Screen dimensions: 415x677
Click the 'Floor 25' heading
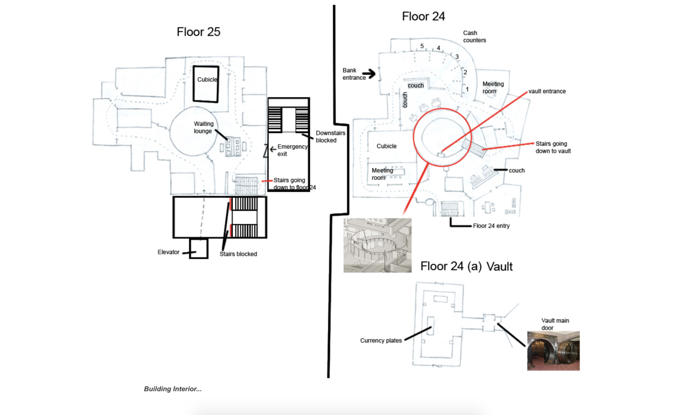[x=198, y=32]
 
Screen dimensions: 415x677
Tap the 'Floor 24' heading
[x=423, y=16]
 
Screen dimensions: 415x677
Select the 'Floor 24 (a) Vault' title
[x=466, y=266]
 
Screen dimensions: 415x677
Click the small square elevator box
[x=199, y=249]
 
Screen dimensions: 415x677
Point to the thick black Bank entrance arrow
[x=369, y=74]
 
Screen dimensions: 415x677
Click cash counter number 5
[x=422, y=46]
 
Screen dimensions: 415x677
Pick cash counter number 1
[x=467, y=89]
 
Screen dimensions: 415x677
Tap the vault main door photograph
[x=553, y=351]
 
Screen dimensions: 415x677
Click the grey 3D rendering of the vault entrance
[x=377, y=245]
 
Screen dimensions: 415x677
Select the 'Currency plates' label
[x=381, y=340]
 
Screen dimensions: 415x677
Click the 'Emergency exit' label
[x=292, y=150]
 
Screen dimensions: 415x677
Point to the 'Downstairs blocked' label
[x=330, y=136]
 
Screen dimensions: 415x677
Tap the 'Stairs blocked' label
[x=238, y=254]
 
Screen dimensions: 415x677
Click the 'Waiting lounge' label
[x=203, y=127]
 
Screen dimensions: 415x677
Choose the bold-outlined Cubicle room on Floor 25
[x=206, y=84]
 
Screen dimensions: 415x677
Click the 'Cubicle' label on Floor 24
[x=386, y=146]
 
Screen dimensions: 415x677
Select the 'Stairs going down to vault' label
[x=553, y=147]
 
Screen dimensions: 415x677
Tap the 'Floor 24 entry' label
[x=491, y=226]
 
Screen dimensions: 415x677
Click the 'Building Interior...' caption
[x=173, y=389]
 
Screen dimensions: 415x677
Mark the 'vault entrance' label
[x=547, y=91]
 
